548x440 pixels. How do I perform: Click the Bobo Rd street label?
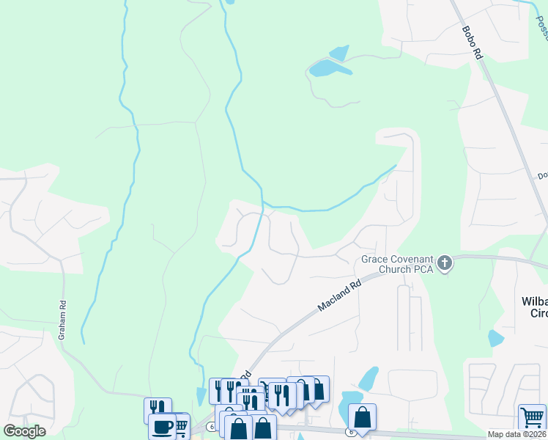473,43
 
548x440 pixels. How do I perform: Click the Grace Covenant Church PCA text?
396,264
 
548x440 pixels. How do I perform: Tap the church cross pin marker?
444,264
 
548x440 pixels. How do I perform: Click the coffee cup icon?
162,426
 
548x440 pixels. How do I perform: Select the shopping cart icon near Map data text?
532,417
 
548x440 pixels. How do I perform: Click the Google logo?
24,431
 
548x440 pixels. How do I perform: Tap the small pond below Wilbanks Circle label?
496,338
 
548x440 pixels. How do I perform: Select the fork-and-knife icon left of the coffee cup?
158,409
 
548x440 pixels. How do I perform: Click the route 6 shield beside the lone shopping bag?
351,431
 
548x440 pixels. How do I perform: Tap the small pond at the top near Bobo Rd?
339,53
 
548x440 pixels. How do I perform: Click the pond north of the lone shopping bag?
369,379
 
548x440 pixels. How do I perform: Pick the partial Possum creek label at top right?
541,26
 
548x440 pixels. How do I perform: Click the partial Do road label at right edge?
543,175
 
